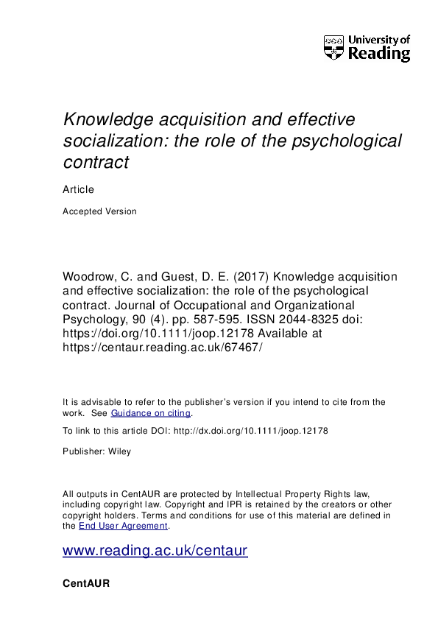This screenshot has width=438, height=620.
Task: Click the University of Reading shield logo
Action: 334,49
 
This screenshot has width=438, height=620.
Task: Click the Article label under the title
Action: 79,189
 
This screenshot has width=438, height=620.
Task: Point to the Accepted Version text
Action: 100,211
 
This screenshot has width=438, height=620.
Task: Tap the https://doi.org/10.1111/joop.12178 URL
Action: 154,333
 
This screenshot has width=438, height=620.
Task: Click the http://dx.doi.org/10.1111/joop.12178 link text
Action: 254,430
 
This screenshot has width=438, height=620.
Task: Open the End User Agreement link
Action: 124,526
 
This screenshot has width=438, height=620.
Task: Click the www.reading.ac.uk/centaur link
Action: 155,551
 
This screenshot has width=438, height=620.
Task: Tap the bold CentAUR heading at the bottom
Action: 87,582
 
